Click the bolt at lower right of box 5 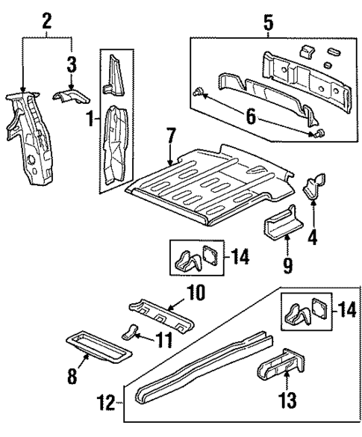[320, 133]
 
